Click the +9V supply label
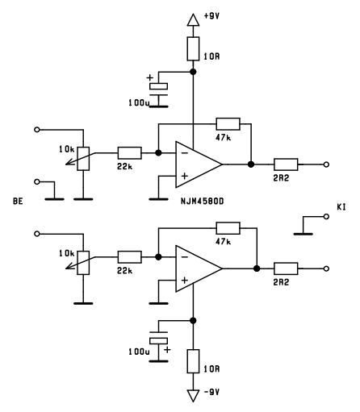point(211,16)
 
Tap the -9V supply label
point(211,392)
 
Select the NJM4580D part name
point(203,202)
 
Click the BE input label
point(18,201)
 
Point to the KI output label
point(341,207)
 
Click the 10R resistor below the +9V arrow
point(193,48)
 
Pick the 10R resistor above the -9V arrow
point(193,361)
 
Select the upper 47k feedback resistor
point(228,124)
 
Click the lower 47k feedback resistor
point(228,228)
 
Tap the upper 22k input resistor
point(130,153)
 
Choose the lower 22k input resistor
point(130,257)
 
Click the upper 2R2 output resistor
point(286,164)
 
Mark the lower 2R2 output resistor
point(286,268)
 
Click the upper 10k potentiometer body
point(83,159)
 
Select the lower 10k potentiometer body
point(83,263)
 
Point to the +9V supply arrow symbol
point(193,20)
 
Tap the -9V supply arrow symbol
point(193,396)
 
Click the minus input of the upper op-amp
point(185,153)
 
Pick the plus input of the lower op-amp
point(185,281)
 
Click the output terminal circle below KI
point(326,216)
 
